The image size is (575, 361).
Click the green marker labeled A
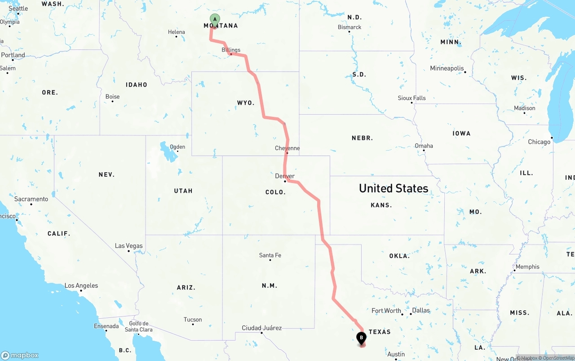[x=215, y=19]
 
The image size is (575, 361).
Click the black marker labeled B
[x=361, y=338]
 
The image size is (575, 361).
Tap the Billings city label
[x=231, y=50]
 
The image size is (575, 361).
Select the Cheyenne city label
[x=287, y=148]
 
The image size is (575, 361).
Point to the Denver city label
[x=285, y=176]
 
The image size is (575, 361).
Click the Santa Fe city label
[x=270, y=255]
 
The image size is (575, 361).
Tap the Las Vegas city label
[x=129, y=246]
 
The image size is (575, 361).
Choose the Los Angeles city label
[x=81, y=285]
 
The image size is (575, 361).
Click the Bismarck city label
[x=349, y=27]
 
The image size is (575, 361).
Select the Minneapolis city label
[x=447, y=68]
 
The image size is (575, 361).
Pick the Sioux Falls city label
[x=411, y=98]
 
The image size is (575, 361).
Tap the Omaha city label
[x=424, y=146]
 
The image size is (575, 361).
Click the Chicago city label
[x=539, y=142]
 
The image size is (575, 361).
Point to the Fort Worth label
[x=386, y=311]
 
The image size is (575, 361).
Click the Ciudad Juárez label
[x=261, y=328]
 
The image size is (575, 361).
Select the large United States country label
[x=394, y=188]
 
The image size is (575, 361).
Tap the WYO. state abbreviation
[x=246, y=103]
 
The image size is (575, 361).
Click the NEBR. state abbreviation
[x=362, y=138]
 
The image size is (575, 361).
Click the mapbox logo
[x=20, y=355]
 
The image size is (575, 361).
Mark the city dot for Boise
[x=112, y=101]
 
